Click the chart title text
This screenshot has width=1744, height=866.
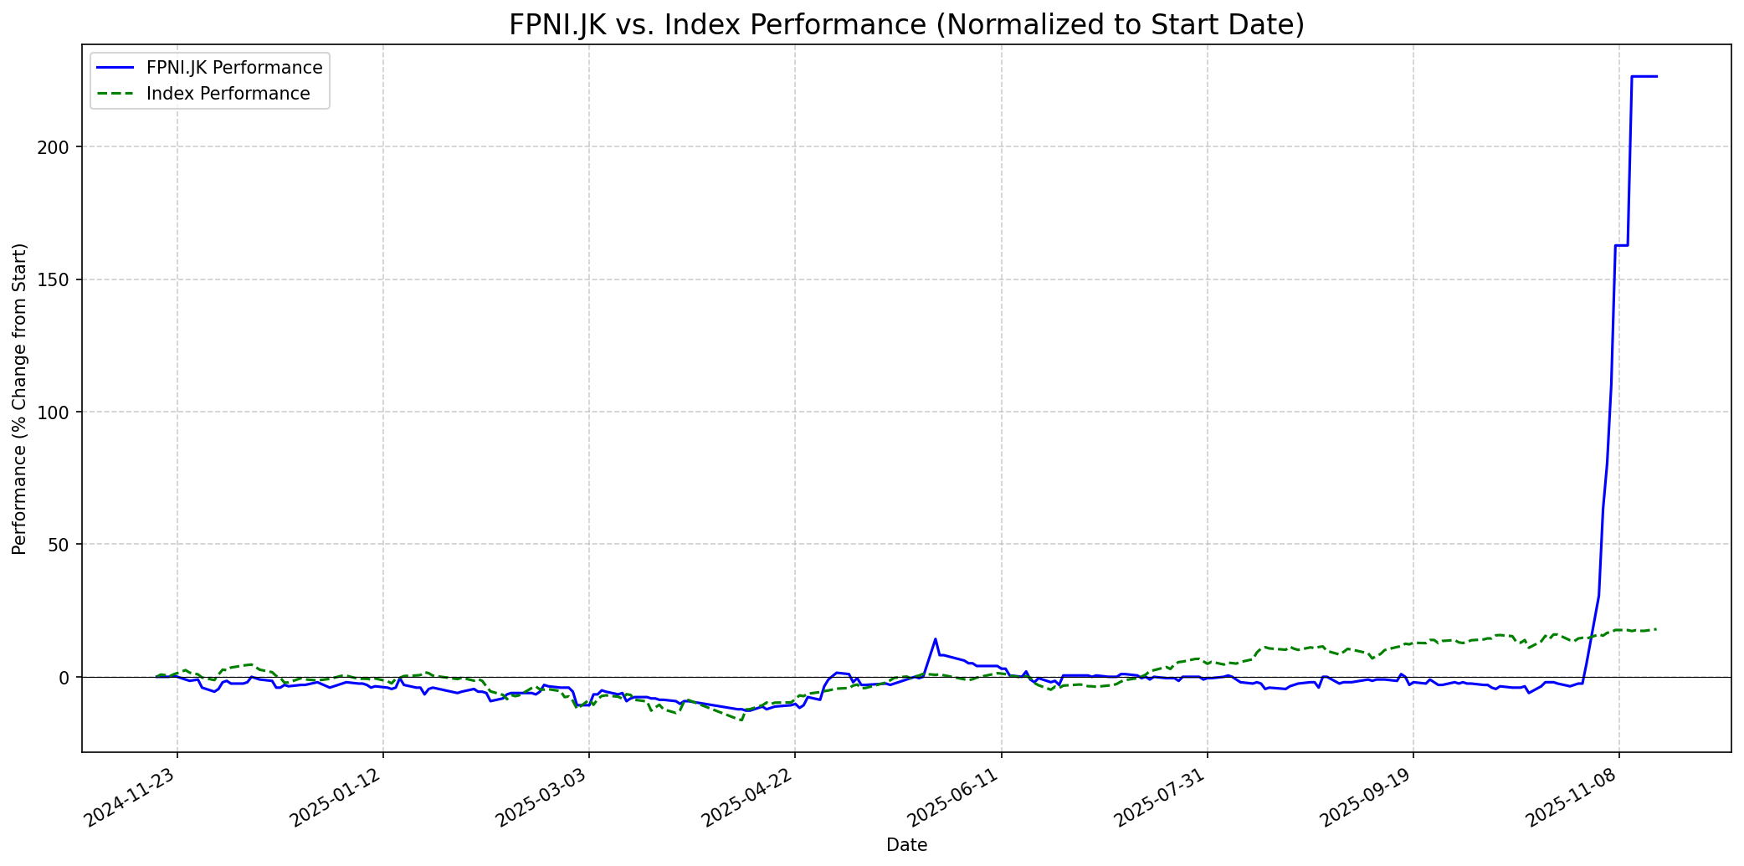[906, 25]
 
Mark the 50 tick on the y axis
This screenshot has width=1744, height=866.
[61, 545]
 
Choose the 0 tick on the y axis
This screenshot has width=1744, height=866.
[65, 677]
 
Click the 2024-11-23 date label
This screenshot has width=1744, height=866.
[132, 798]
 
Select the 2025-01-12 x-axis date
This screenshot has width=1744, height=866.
[338, 798]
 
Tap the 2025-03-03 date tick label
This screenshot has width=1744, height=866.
[544, 798]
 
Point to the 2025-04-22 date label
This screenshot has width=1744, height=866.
[750, 798]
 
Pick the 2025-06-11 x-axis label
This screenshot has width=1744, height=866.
[957, 798]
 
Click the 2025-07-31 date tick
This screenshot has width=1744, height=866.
[1162, 798]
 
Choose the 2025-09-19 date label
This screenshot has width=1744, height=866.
[1368, 798]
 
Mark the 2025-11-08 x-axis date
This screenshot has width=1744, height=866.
[1574, 798]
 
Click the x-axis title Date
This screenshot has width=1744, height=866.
[906, 846]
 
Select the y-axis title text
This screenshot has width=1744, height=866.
[20, 398]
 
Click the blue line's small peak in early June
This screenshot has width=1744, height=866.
[936, 639]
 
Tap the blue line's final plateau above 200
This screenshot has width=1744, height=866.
[1644, 77]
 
